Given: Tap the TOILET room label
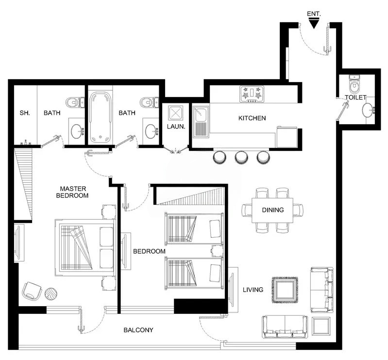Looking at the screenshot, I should (x=355, y=98).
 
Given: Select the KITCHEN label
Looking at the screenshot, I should (x=252, y=118).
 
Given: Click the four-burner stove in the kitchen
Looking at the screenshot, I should (x=252, y=94).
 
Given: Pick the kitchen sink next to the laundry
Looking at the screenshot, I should (x=200, y=122).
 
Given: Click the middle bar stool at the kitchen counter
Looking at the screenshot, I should (x=241, y=157).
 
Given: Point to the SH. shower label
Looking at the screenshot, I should (x=25, y=113).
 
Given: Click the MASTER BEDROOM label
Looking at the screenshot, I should (x=72, y=192).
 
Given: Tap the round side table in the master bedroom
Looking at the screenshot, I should (x=51, y=293).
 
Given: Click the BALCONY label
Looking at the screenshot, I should (x=138, y=330).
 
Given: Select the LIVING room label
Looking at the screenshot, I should (x=253, y=290).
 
